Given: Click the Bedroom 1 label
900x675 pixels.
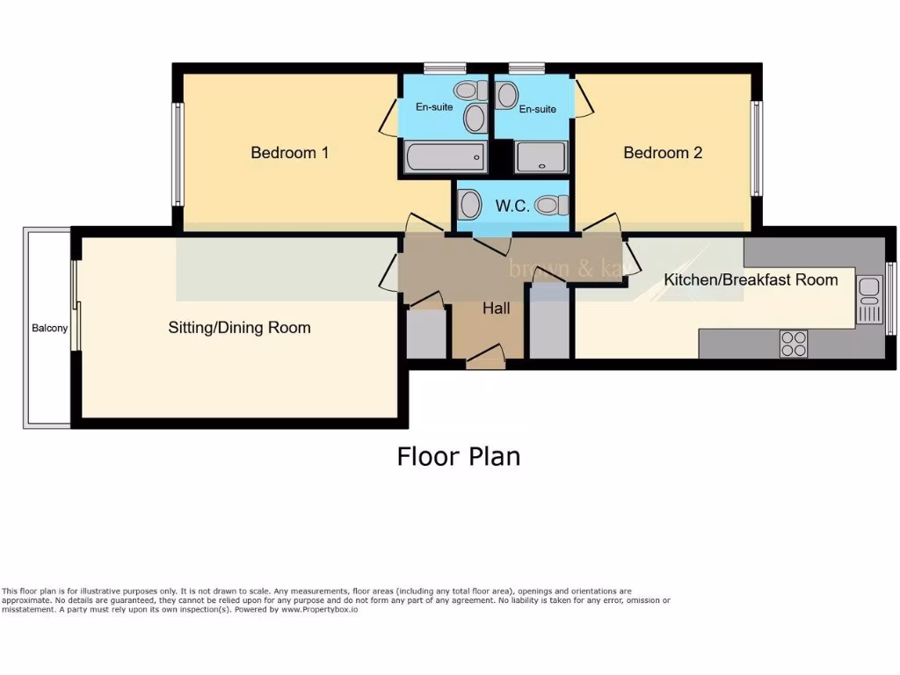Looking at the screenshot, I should coord(289,153).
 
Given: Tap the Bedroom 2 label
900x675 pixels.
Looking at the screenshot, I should coord(663,153).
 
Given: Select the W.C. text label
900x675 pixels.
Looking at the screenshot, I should coord(512,207).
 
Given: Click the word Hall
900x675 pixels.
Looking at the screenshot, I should coord(496,308).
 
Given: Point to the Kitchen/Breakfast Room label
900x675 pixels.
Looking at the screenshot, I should coord(751,280).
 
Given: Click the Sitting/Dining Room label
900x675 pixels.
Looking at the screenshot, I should coord(239,328).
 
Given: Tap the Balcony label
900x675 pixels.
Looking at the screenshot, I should coord(49,329).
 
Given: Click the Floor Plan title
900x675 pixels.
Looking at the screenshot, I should coord(458,457).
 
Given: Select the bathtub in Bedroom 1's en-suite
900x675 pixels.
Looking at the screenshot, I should coord(446,159).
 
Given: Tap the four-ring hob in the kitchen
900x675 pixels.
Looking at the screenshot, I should coord(793,344).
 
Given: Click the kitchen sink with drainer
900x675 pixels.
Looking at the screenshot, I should coord(868,299).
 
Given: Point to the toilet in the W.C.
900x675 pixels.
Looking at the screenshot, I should coord(550,206).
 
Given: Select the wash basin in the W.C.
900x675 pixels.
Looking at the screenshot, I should coord(470,206).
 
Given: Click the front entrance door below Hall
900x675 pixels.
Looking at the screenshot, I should coord(485,358).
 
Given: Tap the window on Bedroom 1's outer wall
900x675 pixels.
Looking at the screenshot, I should coord(178,155).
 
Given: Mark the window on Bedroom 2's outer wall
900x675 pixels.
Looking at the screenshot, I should coord(756,149).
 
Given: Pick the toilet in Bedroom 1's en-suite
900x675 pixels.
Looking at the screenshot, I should coord(469,91).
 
